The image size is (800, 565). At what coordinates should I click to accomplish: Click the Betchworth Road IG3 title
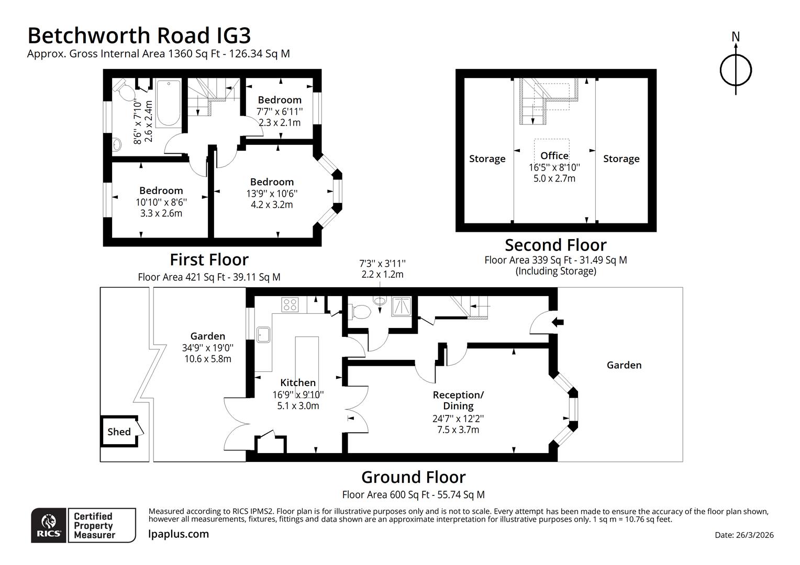(x=139, y=36)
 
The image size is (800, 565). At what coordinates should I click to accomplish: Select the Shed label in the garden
(x=119, y=432)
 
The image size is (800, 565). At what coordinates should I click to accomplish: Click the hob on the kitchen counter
(x=290, y=304)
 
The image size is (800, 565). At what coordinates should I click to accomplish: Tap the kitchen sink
(x=263, y=334)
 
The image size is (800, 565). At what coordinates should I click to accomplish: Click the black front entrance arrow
(x=559, y=322)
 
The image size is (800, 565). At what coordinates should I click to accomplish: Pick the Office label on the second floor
(x=554, y=155)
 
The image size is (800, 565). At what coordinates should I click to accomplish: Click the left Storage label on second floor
(x=487, y=159)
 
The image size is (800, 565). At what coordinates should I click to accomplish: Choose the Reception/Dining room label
(x=458, y=400)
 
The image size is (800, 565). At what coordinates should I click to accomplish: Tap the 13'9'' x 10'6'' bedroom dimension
(x=272, y=193)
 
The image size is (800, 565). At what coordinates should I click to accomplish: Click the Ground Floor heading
(x=413, y=477)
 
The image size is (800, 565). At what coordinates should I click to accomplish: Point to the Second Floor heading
(x=555, y=245)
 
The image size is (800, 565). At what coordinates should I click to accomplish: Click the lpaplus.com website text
(x=179, y=534)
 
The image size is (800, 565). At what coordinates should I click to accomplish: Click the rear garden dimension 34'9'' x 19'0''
(x=208, y=347)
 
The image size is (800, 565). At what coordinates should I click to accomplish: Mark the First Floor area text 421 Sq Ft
(x=209, y=277)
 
